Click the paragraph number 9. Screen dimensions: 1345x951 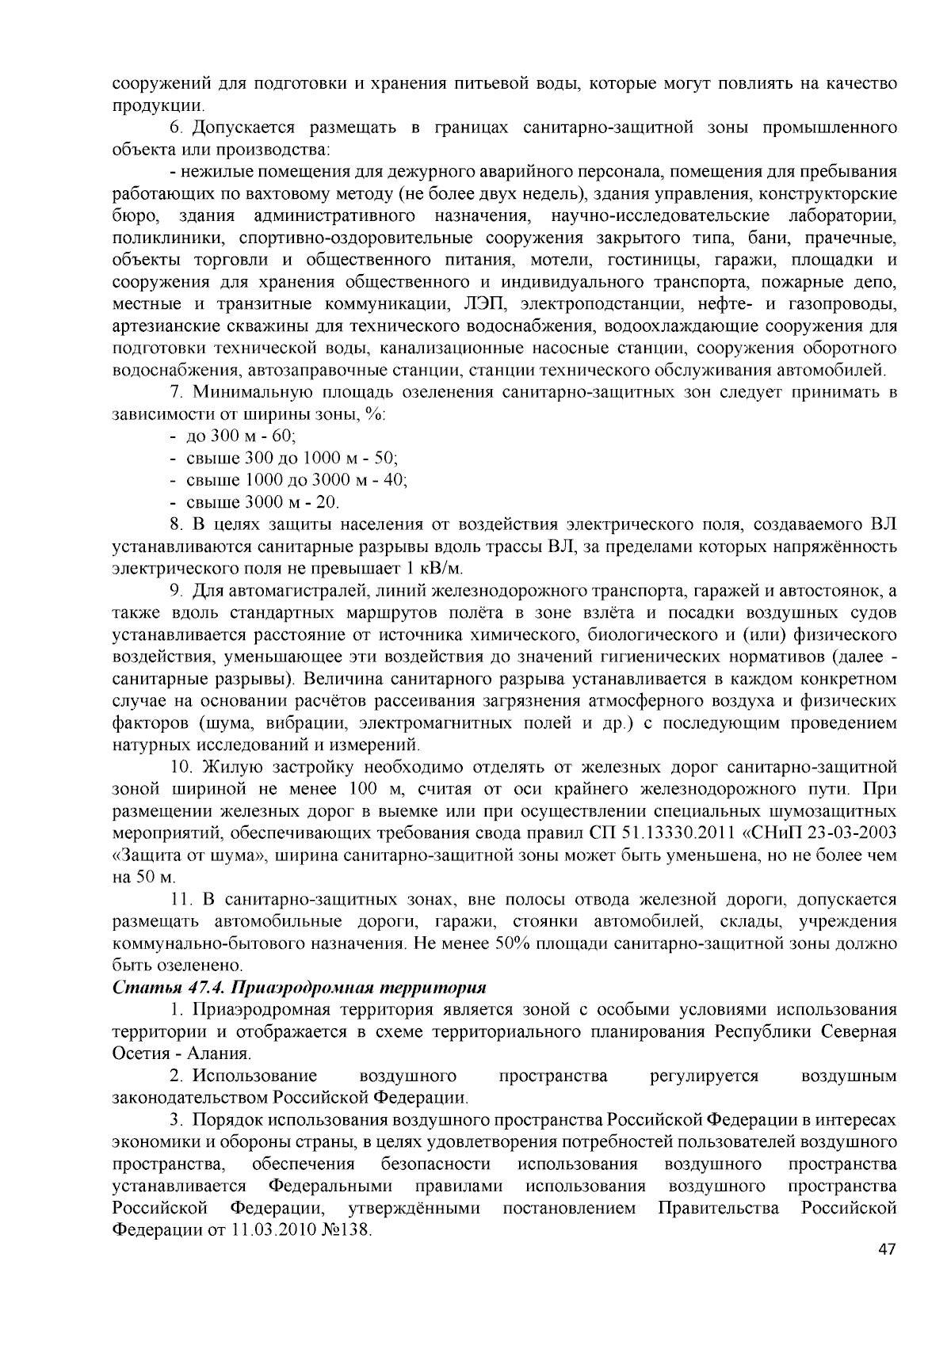pos(176,591)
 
